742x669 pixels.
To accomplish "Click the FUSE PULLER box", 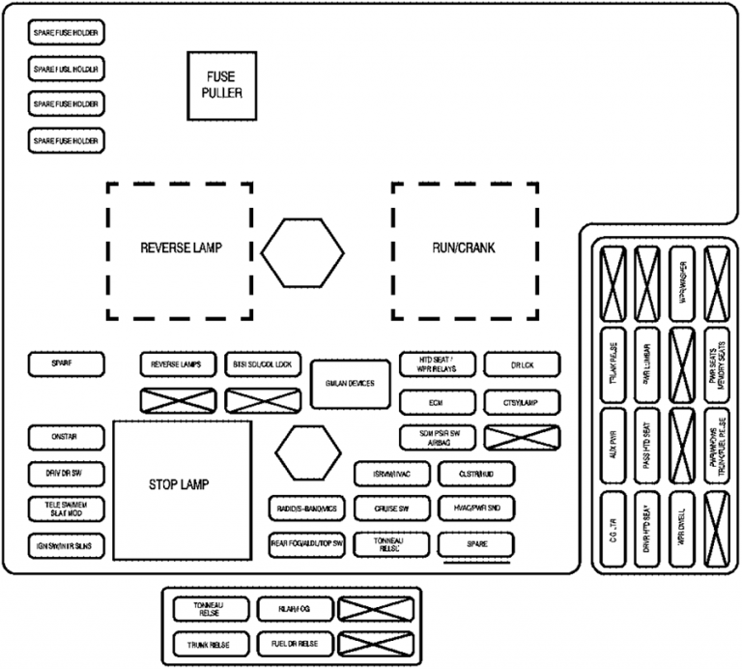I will pyautogui.click(x=221, y=86).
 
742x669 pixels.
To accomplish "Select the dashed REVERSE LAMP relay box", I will pyautogui.click(x=180, y=249).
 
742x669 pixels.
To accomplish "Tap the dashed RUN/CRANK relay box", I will pyautogui.click(x=465, y=249).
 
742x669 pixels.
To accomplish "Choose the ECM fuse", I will pyautogui.click(x=438, y=401).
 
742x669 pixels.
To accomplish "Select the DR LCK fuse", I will pyautogui.click(x=522, y=365).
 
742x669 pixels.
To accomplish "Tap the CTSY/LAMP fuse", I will pyautogui.click(x=522, y=401).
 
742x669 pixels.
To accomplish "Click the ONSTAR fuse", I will pyautogui.click(x=66, y=437).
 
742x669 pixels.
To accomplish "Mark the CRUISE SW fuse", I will pyautogui.click(x=391, y=509).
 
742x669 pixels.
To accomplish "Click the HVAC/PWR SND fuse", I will pyautogui.click(x=476, y=509).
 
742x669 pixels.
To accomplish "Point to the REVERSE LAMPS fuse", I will pyautogui.click(x=176, y=365).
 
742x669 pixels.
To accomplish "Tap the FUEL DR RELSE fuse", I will pyautogui.click(x=296, y=643).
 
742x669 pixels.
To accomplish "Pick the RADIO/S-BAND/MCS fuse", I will pyautogui.click(x=306, y=509).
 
